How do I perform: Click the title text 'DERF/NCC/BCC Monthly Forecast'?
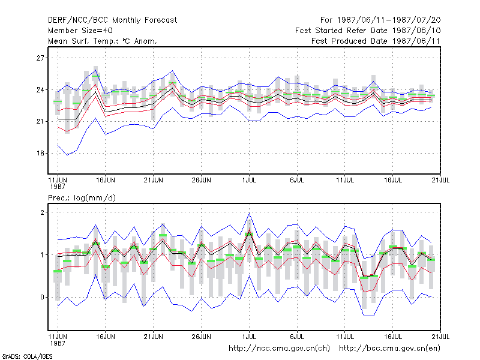tap(112, 20)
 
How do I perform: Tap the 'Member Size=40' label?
tap(80, 31)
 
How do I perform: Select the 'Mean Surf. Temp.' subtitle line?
tap(103, 41)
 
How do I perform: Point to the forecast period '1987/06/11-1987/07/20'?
tap(389, 20)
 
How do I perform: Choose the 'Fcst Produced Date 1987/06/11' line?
tap(376, 41)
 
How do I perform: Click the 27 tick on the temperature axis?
tap(40, 58)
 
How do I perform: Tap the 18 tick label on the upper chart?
tap(40, 153)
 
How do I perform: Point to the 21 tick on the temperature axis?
tap(40, 122)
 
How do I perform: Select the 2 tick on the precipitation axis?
tap(42, 212)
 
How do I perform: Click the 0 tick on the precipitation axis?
tap(42, 297)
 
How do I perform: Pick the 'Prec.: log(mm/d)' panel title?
tap(82, 198)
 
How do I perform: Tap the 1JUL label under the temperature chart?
tap(249, 181)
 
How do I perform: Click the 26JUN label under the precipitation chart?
tap(201, 337)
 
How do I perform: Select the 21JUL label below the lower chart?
tap(440, 337)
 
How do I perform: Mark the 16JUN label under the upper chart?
tap(106, 181)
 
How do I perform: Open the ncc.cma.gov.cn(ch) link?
tap(279, 349)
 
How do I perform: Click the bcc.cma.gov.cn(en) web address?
tap(389, 349)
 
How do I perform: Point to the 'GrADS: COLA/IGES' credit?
tap(28, 356)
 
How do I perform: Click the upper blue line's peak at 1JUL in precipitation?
tap(249, 213)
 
